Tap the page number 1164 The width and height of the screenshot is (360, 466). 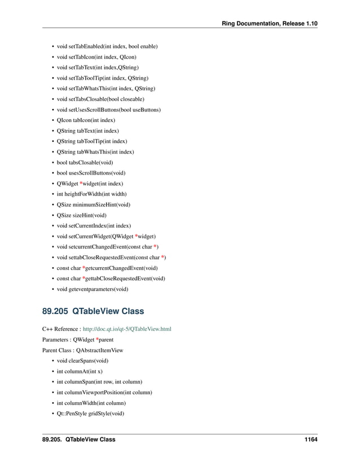(x=308, y=439)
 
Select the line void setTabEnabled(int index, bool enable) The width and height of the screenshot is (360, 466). (x=107, y=46)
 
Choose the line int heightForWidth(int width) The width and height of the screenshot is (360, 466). (x=91, y=194)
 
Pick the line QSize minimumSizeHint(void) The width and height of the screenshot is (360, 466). (x=94, y=204)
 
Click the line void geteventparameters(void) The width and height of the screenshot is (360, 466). (x=93, y=289)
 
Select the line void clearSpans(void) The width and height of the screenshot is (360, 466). (x=83, y=360)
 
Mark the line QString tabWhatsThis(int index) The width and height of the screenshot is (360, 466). (x=92, y=152)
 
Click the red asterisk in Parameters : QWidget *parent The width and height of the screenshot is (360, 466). (x=98, y=339)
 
